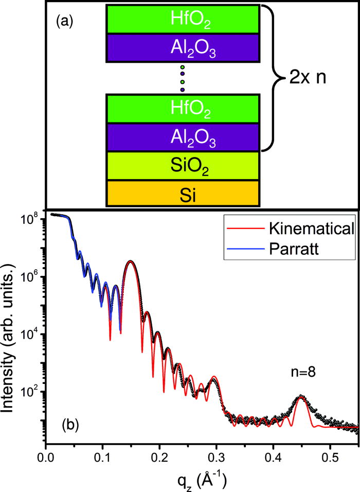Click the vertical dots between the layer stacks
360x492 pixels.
point(183,78)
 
